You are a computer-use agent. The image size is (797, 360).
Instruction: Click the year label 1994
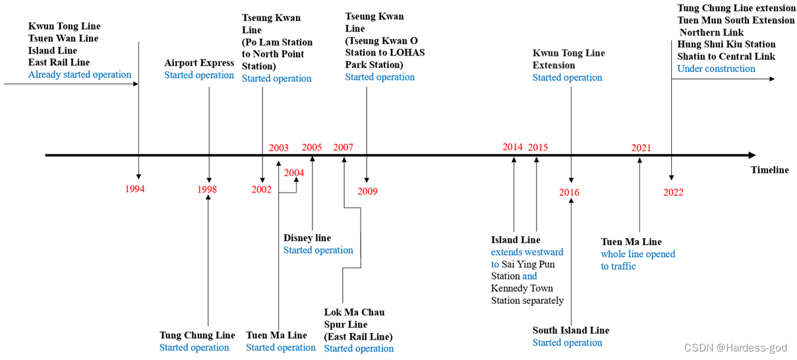(134, 189)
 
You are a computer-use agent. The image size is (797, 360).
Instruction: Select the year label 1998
(207, 189)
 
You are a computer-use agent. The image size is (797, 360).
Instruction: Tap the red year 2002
(261, 189)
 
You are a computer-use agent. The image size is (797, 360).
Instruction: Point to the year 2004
(294, 173)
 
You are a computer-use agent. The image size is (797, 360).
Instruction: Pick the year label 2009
(368, 191)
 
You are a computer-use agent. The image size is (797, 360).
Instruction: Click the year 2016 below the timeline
(570, 193)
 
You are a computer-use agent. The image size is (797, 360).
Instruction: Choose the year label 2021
(641, 148)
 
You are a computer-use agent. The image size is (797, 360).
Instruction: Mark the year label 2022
(673, 193)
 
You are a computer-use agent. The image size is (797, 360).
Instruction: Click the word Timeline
(769, 170)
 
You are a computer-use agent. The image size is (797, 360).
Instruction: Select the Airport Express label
(199, 63)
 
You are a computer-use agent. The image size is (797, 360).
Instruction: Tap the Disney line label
(307, 238)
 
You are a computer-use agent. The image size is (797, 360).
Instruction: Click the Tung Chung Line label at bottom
(197, 336)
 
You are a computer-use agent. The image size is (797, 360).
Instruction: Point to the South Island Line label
(571, 330)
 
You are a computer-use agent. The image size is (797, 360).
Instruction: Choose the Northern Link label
(711, 32)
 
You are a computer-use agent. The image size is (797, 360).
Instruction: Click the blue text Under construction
(716, 69)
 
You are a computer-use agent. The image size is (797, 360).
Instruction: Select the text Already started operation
(80, 75)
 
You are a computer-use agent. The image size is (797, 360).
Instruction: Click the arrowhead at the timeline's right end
(752, 156)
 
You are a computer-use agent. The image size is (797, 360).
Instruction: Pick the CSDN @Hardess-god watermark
(735, 347)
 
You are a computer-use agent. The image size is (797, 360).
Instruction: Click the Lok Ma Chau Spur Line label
(354, 318)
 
